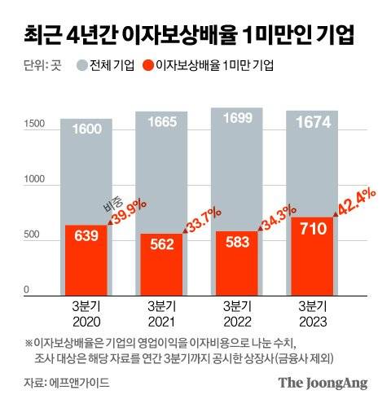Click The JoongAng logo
(x=323, y=382)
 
